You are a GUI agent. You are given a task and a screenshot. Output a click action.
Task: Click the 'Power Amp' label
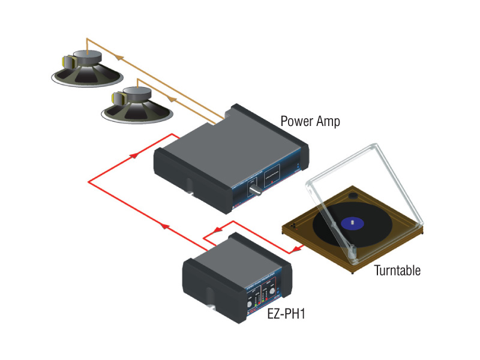[x=310, y=121]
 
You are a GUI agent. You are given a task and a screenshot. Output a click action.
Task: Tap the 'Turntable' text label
[x=397, y=270]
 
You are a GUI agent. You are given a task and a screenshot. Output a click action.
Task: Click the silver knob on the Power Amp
[x=254, y=191]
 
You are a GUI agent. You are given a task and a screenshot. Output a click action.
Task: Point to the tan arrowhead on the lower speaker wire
[x=171, y=97]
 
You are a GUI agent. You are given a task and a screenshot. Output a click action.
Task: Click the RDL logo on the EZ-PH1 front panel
[x=247, y=314]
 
